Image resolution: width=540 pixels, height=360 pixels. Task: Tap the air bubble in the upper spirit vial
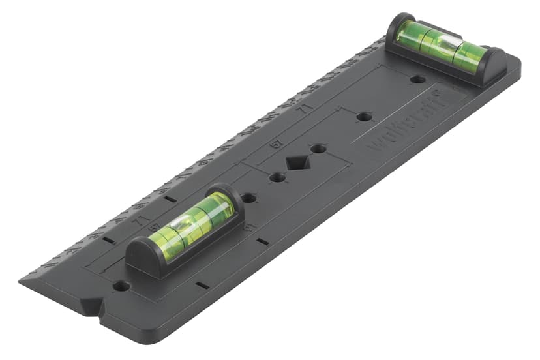coord(445,44)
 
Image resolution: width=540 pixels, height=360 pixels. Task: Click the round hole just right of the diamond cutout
coord(318,149)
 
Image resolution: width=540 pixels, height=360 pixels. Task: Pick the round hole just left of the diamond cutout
coord(277,177)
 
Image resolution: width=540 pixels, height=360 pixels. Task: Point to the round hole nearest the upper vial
coord(418,80)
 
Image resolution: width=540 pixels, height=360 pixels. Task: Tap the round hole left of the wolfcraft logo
coord(365,117)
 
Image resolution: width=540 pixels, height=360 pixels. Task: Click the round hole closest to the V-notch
coord(121,286)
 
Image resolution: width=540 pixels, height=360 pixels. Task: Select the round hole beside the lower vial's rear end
coord(248,197)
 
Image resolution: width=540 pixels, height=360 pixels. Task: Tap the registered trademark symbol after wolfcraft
coord(439,95)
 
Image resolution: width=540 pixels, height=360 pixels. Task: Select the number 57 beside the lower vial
coord(154,227)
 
